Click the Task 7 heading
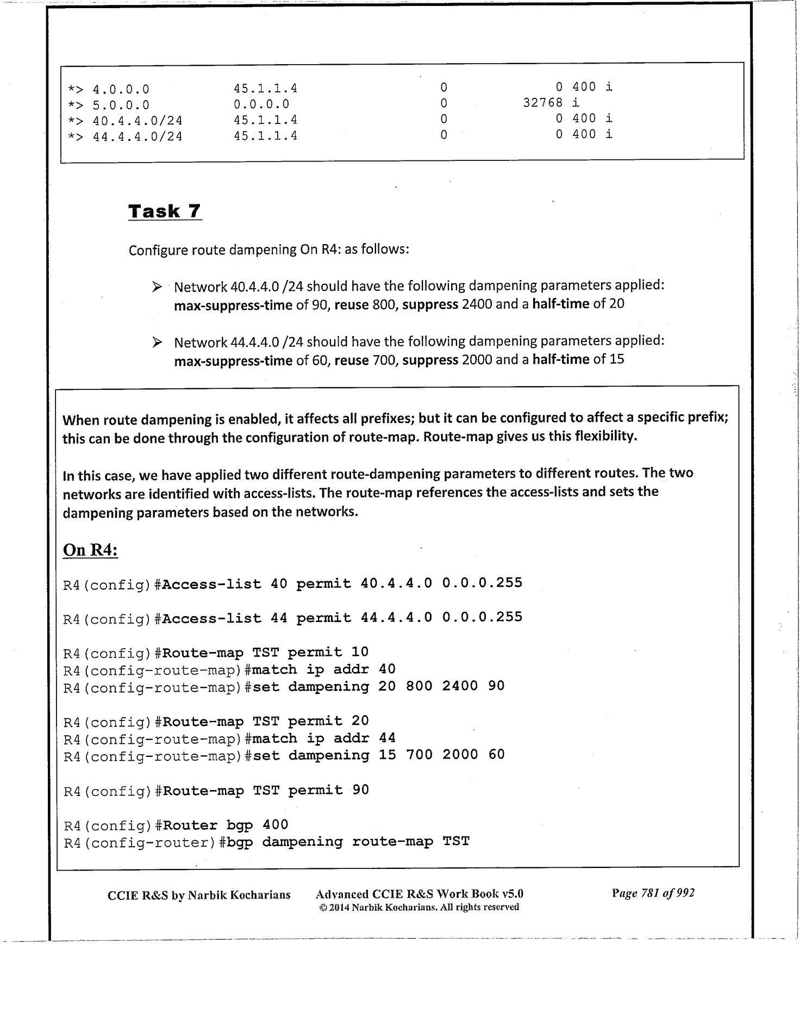coord(165,211)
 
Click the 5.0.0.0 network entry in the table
coord(121,105)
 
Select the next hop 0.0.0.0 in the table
coord(261,104)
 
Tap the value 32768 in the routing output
coord(542,103)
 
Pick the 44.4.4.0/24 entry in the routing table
coord(138,136)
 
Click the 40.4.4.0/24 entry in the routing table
coord(138,121)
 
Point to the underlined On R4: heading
coord(90,550)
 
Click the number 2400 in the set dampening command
coord(460,686)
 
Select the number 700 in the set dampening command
coord(419,755)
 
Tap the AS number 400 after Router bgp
coord(275,825)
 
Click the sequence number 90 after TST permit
coord(360,790)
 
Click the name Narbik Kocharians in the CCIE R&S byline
coord(239,895)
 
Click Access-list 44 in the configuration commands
coord(224,618)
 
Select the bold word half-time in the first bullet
coord(560,303)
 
